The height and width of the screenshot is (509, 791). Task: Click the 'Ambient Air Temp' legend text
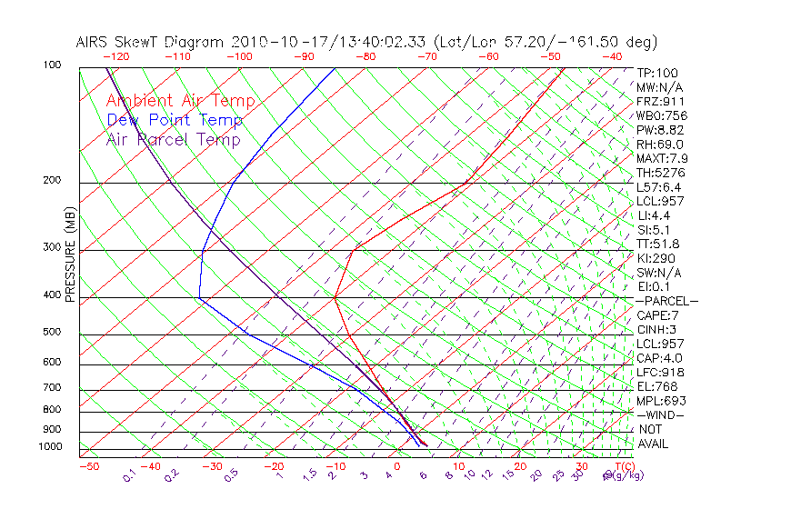pyautogui.click(x=180, y=102)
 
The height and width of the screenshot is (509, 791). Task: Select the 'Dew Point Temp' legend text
pyautogui.click(x=175, y=121)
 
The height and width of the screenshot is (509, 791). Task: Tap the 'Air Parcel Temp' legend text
pyautogui.click(x=173, y=140)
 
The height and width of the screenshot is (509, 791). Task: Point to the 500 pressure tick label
pyautogui.click(x=52, y=332)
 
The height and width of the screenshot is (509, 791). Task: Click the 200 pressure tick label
pyautogui.click(x=52, y=180)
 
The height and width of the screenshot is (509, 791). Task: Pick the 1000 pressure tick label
pyautogui.click(x=49, y=446)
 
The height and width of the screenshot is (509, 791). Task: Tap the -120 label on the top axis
pyautogui.click(x=117, y=56)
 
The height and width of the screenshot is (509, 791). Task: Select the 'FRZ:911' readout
pyautogui.click(x=660, y=102)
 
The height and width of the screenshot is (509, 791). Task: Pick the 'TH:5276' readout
pyautogui.click(x=660, y=173)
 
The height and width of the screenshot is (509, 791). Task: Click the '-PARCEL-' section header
pyautogui.click(x=666, y=301)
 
